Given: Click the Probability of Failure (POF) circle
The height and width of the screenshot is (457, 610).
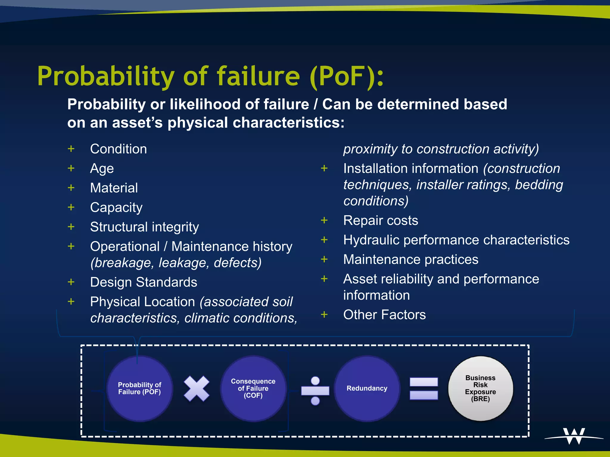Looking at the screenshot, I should coord(139,388).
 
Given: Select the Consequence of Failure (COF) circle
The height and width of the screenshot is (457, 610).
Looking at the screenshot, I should coord(253,388).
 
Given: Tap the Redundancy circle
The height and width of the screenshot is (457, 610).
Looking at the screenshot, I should coord(367,388).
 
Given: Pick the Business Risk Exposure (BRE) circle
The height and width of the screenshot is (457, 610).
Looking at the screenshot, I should coord(480,388).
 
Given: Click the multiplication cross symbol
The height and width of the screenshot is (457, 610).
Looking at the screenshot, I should coord(197,388).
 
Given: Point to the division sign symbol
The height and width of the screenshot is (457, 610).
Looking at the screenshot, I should coord(315,390).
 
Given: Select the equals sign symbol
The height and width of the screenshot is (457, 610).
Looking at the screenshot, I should coord(424,388).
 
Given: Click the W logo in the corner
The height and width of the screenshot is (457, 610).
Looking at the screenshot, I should coord(574,436).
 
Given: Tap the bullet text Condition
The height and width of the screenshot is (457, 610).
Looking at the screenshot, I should coord(118,149).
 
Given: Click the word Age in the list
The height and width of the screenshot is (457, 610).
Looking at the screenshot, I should coord(102,169).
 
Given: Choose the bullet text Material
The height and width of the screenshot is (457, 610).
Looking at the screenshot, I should coord(114,188).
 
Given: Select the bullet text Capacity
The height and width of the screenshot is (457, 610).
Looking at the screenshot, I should coord(116,208).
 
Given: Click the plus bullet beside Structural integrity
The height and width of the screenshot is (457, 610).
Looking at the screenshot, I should coord(71,227).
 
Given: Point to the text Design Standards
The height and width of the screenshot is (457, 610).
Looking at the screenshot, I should coord(144,282).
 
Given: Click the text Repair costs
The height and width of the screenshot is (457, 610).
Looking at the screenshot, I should coord(380,220).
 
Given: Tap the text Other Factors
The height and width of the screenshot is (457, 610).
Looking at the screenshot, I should coord(384,314).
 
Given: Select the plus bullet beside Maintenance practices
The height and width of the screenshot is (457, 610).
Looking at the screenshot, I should coord(324,259).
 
